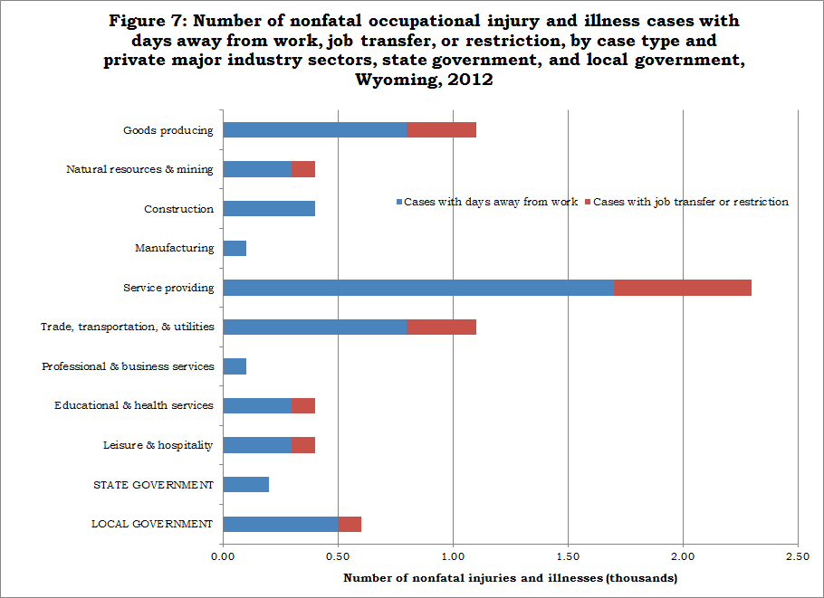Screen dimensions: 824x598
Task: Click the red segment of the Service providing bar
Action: pos(683,288)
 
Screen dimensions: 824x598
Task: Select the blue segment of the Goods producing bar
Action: pos(315,129)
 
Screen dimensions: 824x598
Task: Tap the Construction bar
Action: pos(269,208)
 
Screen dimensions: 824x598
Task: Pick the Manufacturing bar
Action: pos(235,248)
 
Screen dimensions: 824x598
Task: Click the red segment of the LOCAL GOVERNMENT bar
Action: pos(350,524)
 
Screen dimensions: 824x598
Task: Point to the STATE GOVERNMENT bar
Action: pos(246,485)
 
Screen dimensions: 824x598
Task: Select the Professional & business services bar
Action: pos(235,366)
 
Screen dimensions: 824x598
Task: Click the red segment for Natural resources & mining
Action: pos(303,169)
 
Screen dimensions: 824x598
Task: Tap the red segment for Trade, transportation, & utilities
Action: pos(442,327)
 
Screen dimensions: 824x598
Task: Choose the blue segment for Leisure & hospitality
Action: pos(257,445)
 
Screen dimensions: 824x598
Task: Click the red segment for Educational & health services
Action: pos(303,406)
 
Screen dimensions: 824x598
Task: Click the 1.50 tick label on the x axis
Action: pos(568,556)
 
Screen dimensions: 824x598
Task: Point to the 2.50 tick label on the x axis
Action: pos(798,556)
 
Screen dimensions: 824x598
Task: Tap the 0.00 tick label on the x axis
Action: pos(223,556)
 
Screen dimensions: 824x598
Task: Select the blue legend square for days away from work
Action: pos(399,202)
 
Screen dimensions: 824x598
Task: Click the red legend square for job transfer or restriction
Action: pos(588,202)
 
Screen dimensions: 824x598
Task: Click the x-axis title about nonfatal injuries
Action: pos(511,578)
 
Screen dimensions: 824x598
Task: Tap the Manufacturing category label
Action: pos(175,248)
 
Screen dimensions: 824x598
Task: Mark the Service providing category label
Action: pos(168,288)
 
